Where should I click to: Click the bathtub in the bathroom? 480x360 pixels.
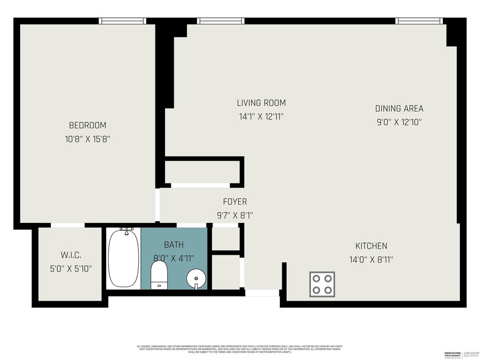123,258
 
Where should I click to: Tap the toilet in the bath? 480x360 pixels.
159,275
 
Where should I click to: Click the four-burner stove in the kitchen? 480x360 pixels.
322,283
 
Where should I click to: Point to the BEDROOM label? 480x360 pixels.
87,125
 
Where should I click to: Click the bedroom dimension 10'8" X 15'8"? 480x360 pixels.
87,138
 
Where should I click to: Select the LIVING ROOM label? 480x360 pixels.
261,103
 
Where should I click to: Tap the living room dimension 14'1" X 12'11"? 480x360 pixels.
261,116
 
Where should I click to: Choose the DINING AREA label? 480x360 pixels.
399,108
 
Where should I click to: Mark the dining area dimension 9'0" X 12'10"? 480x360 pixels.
399,122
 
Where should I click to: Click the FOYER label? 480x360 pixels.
235,202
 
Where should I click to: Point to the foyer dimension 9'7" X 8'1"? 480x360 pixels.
235,215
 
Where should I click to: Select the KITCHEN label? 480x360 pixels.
371,246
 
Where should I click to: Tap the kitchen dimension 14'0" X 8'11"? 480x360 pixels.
371,259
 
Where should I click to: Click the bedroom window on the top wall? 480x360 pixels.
122,21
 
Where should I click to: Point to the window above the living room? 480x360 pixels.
221,21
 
